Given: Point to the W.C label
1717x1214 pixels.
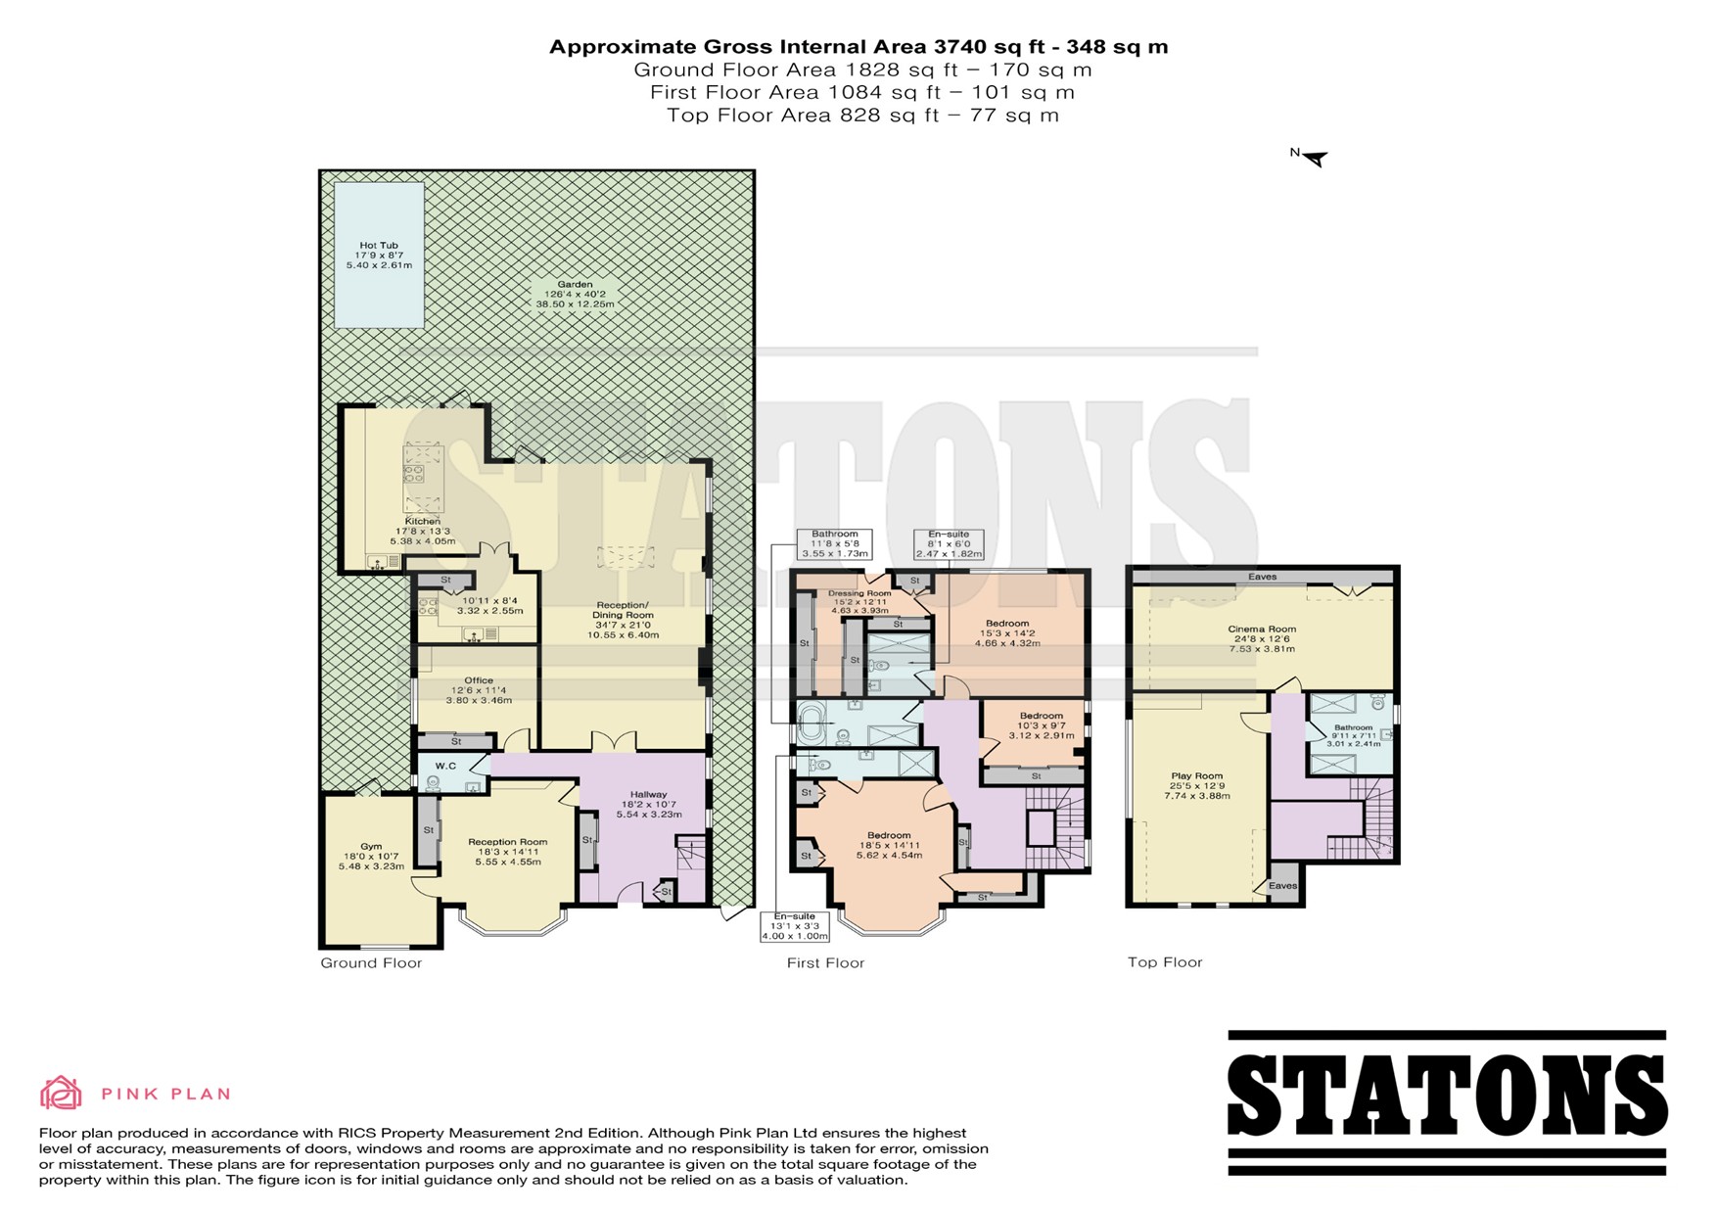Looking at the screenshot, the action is (445, 766).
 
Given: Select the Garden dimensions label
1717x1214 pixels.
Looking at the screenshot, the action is (575, 294).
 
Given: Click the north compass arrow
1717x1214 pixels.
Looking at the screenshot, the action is (1311, 157).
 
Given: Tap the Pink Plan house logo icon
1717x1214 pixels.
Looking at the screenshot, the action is (61, 1093).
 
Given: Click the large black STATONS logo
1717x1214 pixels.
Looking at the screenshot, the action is (1447, 1102).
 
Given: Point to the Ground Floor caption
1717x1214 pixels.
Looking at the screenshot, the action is (371, 963).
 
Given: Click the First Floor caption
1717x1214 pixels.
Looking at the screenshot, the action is (825, 963).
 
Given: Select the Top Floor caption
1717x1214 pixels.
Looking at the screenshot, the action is (1165, 962).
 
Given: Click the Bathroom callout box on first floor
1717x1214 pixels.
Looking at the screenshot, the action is (834, 543).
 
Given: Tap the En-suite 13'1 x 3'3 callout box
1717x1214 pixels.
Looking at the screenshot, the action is (794, 926).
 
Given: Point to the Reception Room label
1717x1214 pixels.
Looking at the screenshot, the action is (507, 852).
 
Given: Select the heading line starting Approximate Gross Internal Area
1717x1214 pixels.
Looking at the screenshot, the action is (858, 47).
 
